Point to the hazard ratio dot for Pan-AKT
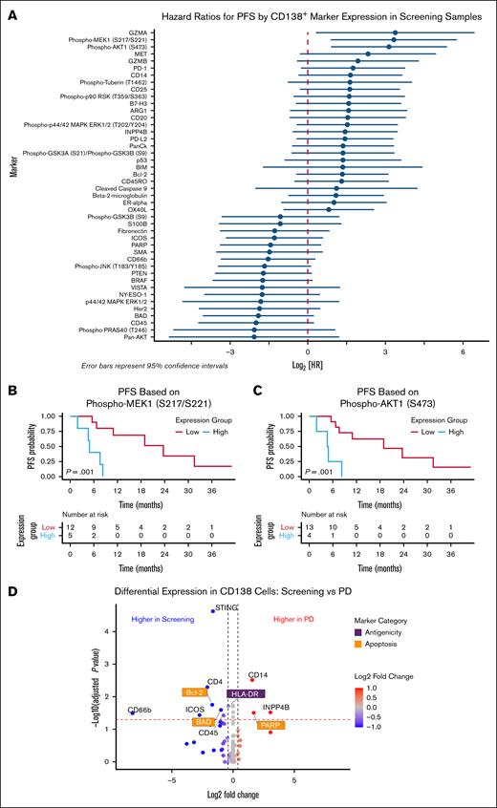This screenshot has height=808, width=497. pos(254,337)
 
